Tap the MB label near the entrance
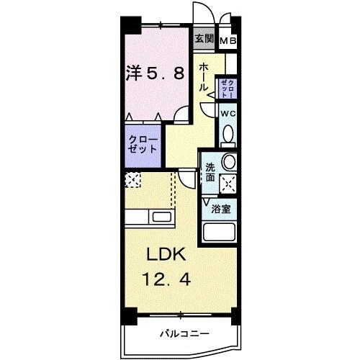[228, 41]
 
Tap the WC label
[228, 114]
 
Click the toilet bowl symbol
[228, 134]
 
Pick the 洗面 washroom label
[210, 171]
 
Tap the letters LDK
[167, 254]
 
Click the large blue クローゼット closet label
[142, 143]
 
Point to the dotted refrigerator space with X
[133, 180]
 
